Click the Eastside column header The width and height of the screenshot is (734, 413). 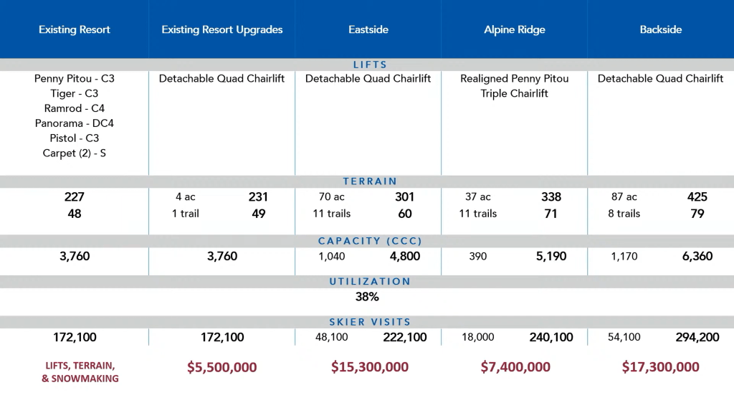[368, 30]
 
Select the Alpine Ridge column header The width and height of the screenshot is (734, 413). [514, 30]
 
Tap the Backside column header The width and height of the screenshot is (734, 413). [660, 30]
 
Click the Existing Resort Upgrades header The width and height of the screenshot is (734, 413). [222, 30]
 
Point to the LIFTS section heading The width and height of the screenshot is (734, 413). [370, 65]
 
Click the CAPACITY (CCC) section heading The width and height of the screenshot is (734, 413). [370, 242]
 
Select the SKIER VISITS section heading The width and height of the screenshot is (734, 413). [370, 322]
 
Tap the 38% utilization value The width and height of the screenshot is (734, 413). [367, 296]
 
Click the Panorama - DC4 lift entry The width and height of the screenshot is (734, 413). [75, 123]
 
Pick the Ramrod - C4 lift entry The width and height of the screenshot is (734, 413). [75, 108]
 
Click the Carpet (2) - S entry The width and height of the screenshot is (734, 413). [75, 153]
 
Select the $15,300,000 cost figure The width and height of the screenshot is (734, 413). [370, 367]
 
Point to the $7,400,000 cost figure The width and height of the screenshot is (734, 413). [515, 367]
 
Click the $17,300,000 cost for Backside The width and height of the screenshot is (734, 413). [661, 367]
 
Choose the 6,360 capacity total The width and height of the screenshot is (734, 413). [697, 256]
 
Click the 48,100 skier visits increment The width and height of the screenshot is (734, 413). [331, 337]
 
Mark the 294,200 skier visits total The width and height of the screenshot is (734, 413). [697, 337]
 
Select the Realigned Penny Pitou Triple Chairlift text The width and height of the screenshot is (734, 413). [514, 86]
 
